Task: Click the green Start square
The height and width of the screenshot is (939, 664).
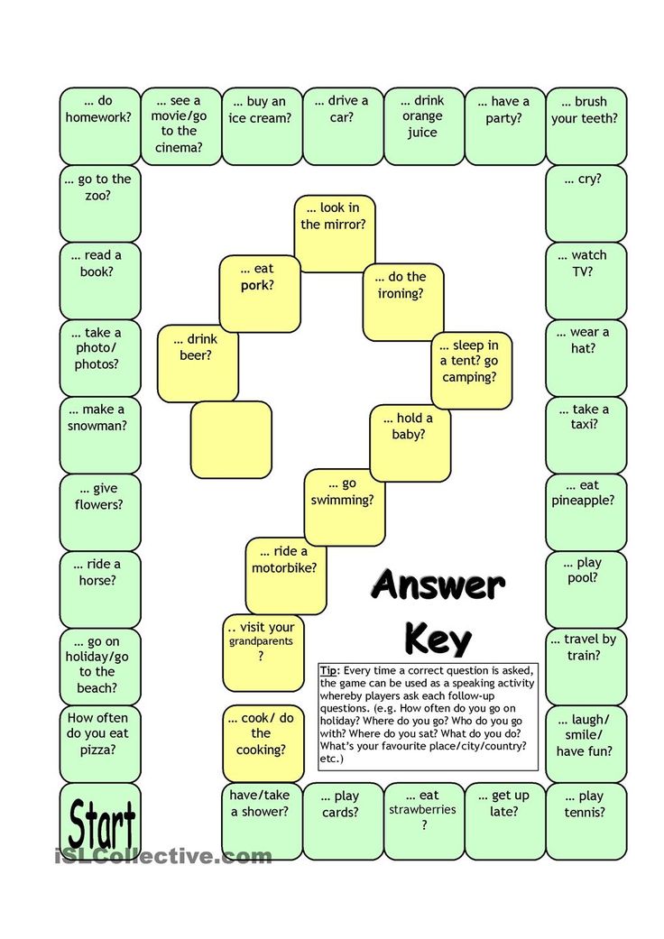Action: [x=100, y=821]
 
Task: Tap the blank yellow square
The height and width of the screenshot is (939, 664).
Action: [x=231, y=439]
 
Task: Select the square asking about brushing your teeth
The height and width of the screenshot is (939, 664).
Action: [x=586, y=125]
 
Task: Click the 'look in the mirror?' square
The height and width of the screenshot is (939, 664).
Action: [x=335, y=234]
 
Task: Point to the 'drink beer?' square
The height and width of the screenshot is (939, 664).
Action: [x=198, y=363]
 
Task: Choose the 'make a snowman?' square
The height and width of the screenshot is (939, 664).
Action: [x=100, y=436]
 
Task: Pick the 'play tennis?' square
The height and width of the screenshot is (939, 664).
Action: [x=586, y=821]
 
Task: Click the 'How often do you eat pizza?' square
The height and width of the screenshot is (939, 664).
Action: [x=100, y=744]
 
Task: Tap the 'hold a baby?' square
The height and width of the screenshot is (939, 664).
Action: [x=410, y=443]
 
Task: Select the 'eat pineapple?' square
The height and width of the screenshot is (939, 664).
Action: [x=586, y=512]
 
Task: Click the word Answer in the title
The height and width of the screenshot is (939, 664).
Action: [x=438, y=585]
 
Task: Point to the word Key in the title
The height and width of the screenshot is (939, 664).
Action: [x=438, y=639]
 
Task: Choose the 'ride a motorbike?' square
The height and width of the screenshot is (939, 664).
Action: [x=286, y=575]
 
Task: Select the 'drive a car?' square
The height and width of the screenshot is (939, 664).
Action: [x=343, y=125]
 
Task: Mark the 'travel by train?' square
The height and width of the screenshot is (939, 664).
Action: [x=586, y=667]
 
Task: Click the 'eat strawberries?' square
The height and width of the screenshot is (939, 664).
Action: [x=424, y=821]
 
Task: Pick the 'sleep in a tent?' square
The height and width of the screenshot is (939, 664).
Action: [x=472, y=371]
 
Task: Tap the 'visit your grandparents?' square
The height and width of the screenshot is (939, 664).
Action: [x=263, y=653]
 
